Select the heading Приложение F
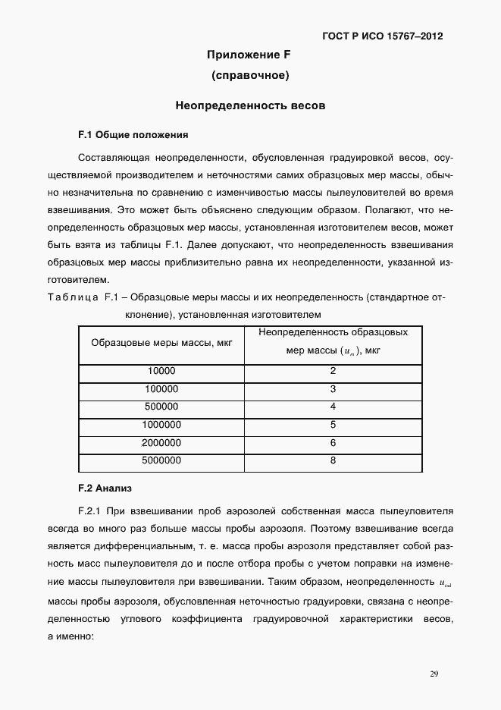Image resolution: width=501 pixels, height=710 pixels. [x=249, y=55]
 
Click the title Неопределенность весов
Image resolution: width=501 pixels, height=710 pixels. [x=250, y=106]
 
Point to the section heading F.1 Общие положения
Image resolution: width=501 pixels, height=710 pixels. [x=133, y=134]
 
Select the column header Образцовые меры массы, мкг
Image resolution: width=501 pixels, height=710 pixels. [x=161, y=342]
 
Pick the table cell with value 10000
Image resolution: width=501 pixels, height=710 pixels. [x=161, y=371]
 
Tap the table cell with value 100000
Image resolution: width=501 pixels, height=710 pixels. [x=161, y=389]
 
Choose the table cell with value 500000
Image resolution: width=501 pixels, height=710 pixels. [x=161, y=407]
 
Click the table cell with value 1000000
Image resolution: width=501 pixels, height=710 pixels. [x=161, y=425]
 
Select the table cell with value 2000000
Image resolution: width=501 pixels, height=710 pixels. [x=161, y=442]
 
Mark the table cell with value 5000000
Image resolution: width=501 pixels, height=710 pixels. [x=161, y=460]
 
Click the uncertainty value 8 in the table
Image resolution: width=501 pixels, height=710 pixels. [x=333, y=460]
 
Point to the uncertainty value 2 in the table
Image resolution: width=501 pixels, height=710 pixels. [x=333, y=371]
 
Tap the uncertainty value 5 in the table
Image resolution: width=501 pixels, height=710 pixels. [x=333, y=425]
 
